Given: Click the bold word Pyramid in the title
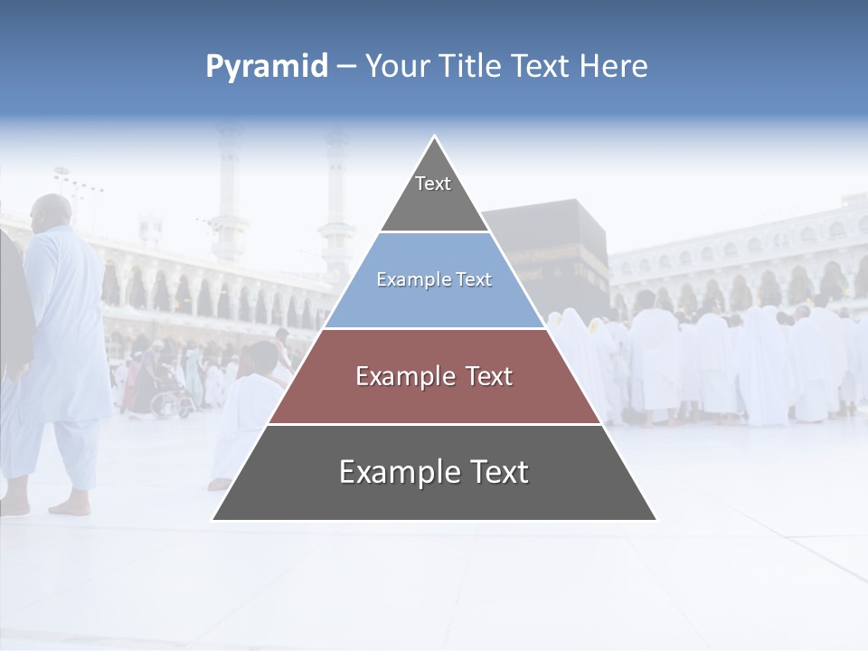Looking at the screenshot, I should [266, 66].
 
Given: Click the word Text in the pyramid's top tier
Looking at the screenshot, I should [433, 184].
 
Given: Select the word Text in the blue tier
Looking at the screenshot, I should [474, 279].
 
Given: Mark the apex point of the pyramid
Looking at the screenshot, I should [435, 137].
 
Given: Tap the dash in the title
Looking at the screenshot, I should [346, 66].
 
